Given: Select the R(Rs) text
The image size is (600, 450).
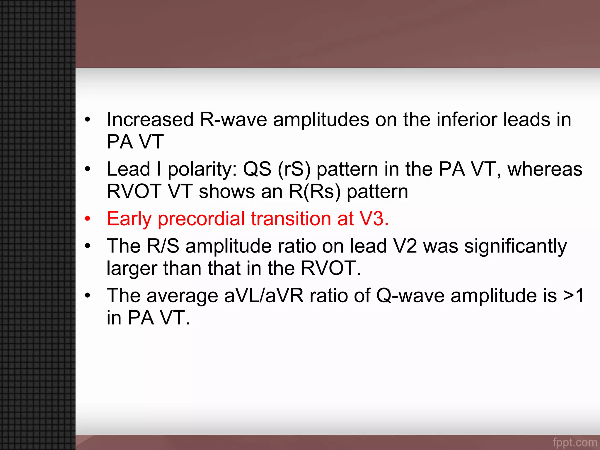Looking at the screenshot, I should [x=315, y=192].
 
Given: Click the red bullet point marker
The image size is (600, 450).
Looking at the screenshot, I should [x=87, y=219].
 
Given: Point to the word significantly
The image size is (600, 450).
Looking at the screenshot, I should [x=515, y=246].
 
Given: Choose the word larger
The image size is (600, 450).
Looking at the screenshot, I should [x=132, y=268].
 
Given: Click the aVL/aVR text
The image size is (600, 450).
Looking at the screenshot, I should [x=264, y=296].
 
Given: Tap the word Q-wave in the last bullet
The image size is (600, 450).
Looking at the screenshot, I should [x=410, y=296].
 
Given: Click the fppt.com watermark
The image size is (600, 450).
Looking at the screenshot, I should [x=575, y=442].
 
